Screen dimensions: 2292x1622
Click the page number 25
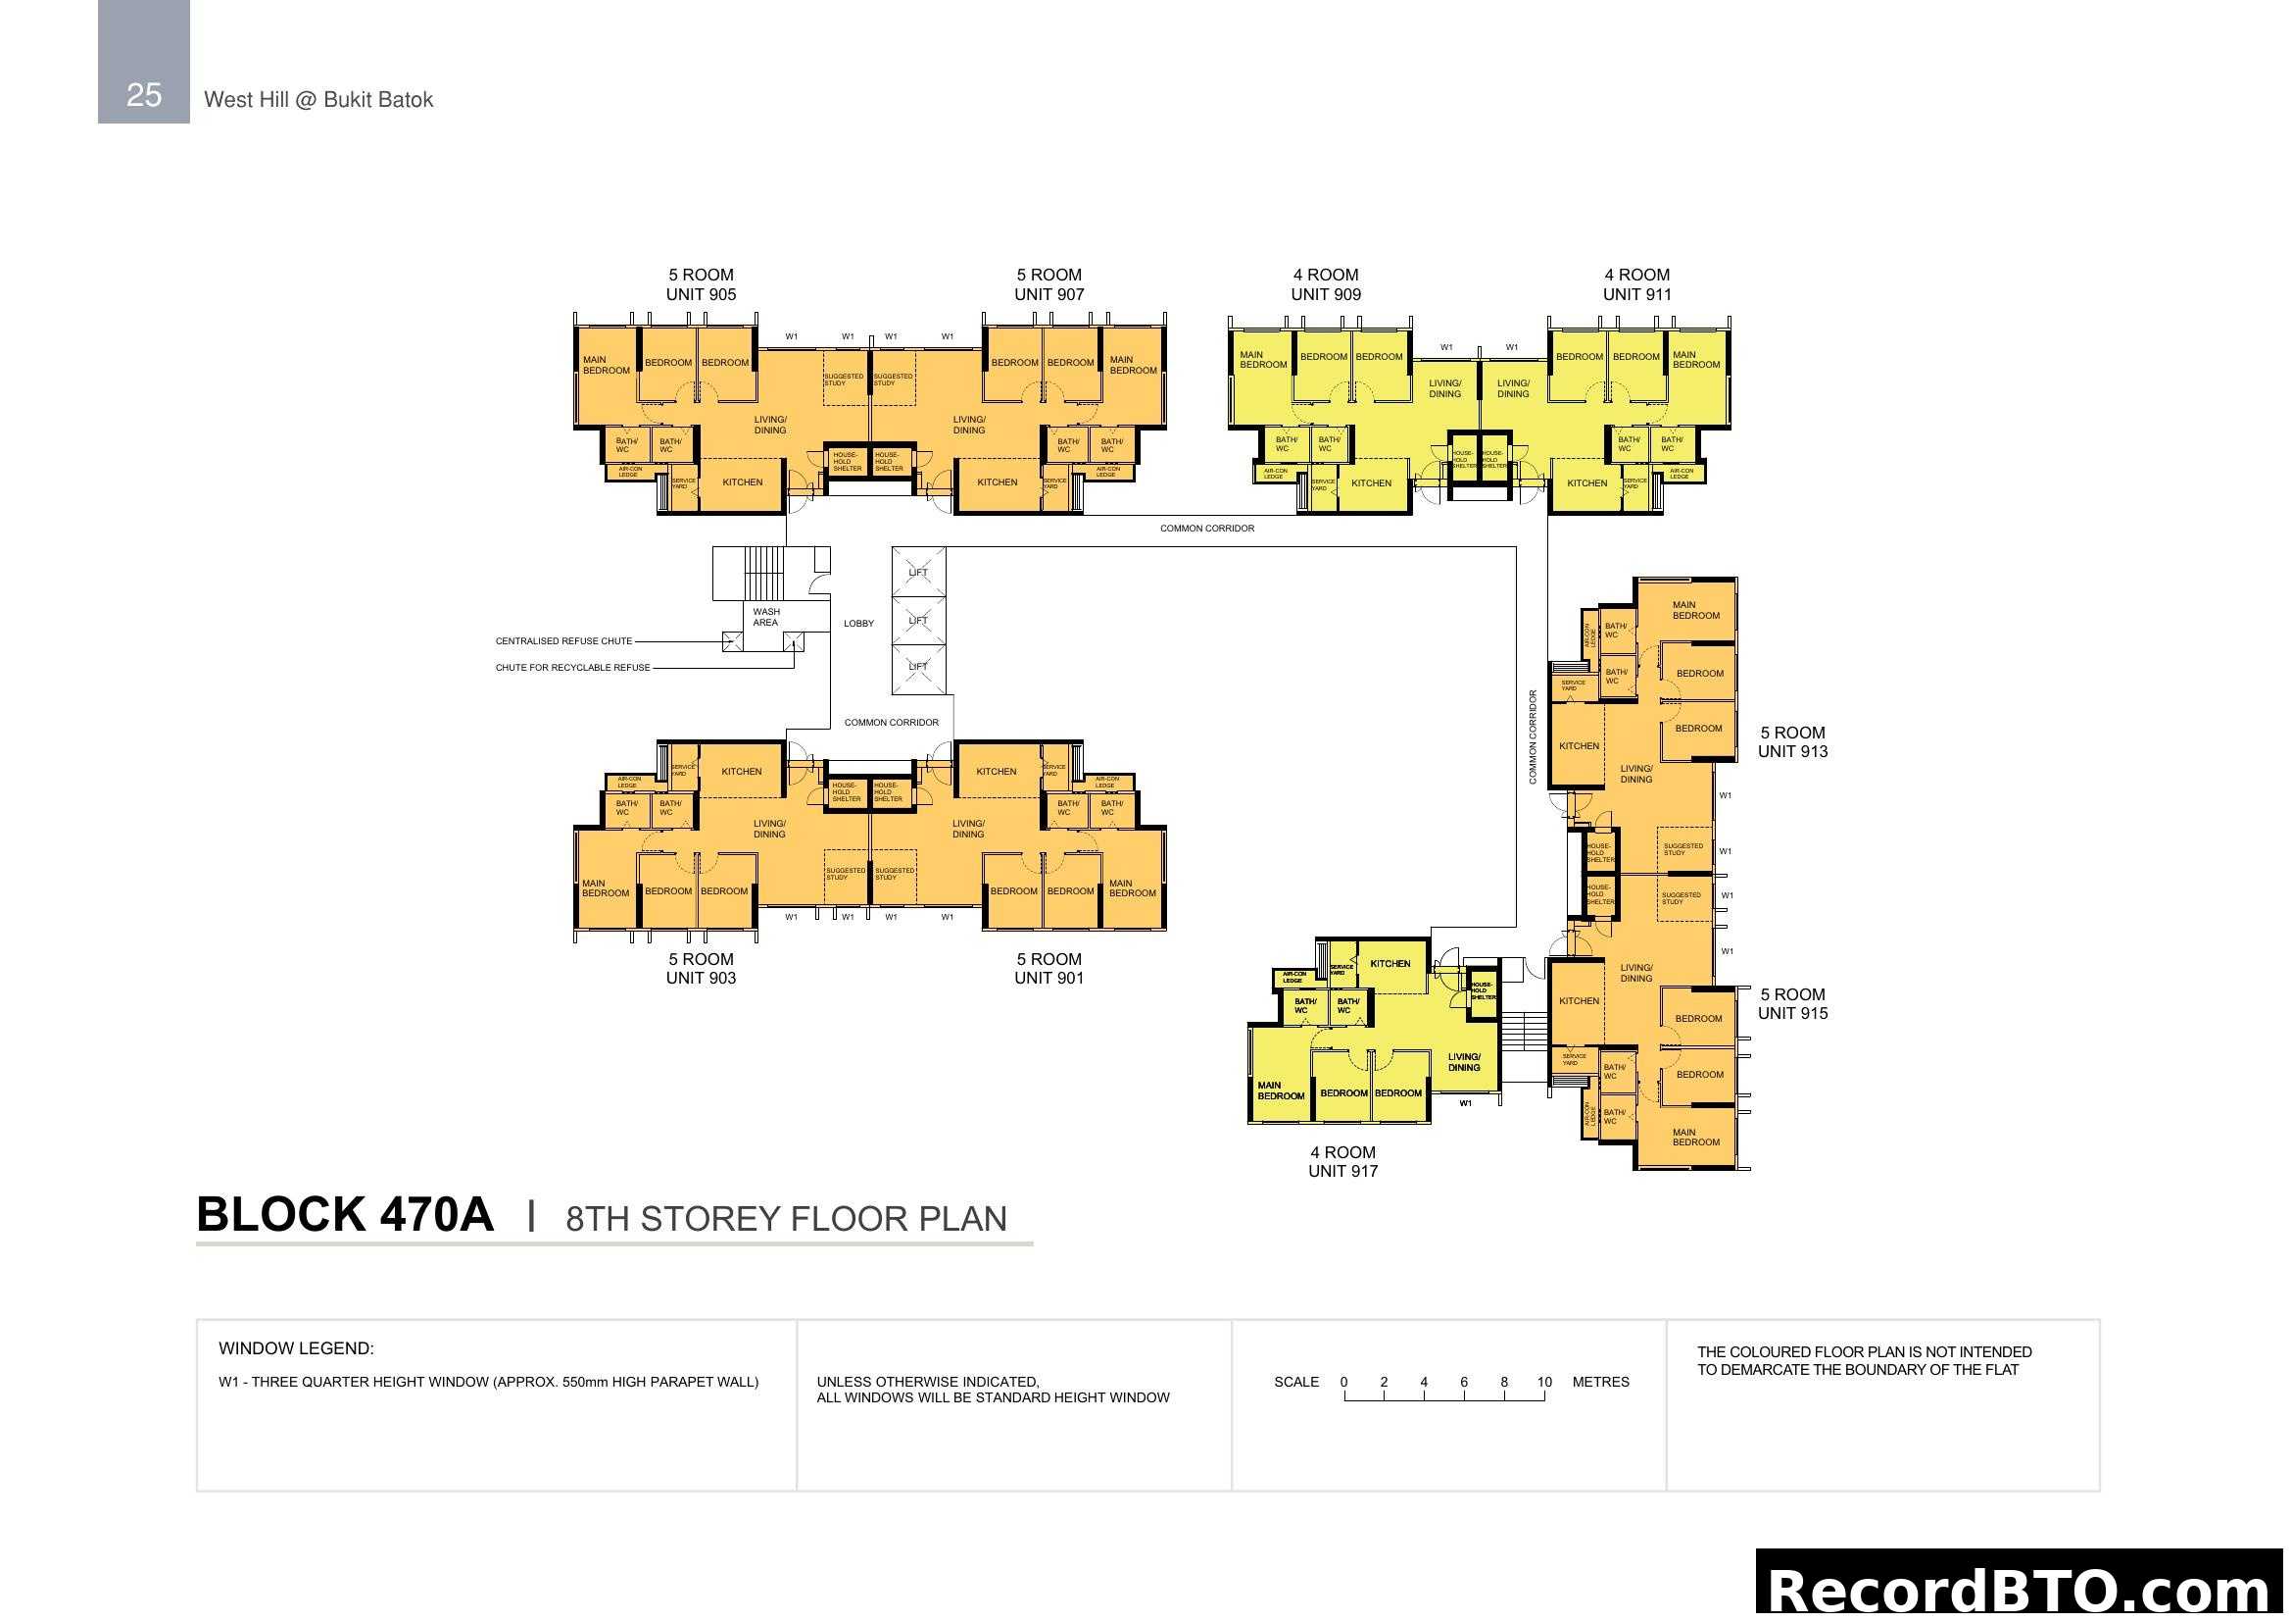pyautogui.click(x=144, y=95)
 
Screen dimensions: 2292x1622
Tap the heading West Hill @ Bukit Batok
pyautogui.click(x=318, y=100)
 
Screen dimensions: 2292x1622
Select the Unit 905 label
pyautogui.click(x=701, y=294)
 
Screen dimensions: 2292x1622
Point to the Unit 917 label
pyautogui.click(x=1342, y=1171)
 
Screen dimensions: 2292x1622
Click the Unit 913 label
pyautogui.click(x=1793, y=751)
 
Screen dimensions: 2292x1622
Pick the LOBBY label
pyautogui.click(x=858, y=624)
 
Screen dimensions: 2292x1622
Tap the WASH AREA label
pyautogui.click(x=765, y=617)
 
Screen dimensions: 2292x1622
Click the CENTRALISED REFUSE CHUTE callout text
pyautogui.click(x=564, y=641)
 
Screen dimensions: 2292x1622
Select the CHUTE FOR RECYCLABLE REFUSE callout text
pyautogui.click(x=573, y=667)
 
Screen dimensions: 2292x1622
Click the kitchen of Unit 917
pyautogui.click(x=1390, y=964)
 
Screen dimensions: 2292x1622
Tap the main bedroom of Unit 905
pyautogui.click(x=606, y=366)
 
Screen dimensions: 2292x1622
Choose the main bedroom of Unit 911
pyautogui.click(x=1696, y=360)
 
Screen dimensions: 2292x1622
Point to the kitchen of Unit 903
pyautogui.click(x=742, y=771)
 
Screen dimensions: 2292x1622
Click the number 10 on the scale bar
pyautogui.click(x=1544, y=1383)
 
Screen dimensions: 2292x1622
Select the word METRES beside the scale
pyautogui.click(x=1600, y=1383)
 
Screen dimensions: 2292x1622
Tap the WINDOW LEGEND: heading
pyautogui.click(x=297, y=1348)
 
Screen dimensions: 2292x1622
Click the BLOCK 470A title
pyautogui.click(x=345, y=1215)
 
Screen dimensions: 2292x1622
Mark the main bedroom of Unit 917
pyautogui.click(x=1281, y=1090)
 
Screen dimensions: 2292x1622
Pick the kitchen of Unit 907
pyautogui.click(x=998, y=482)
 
